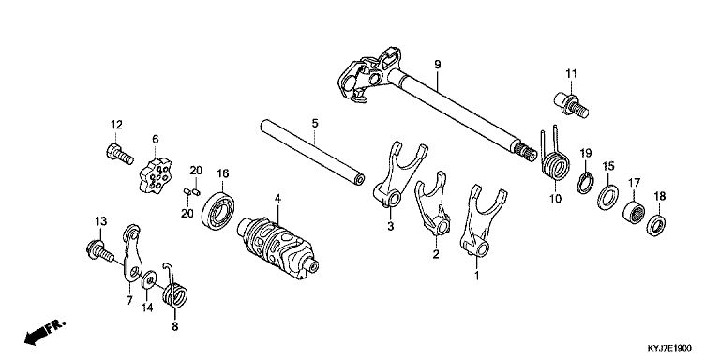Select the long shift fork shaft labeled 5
coord(312,153)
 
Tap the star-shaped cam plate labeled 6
coord(156,175)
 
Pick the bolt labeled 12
coord(119,154)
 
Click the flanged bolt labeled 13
coord(99,250)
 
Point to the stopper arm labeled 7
coord(132,252)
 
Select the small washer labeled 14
coord(149,279)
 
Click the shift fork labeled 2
coord(433,204)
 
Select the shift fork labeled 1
coord(481,220)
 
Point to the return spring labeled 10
coord(554,159)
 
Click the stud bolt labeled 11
coord(571,106)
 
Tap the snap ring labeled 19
coord(585,183)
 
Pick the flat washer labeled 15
coord(607,197)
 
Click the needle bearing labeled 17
coord(634,212)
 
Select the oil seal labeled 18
coord(656,225)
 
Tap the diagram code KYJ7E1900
coord(669,348)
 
